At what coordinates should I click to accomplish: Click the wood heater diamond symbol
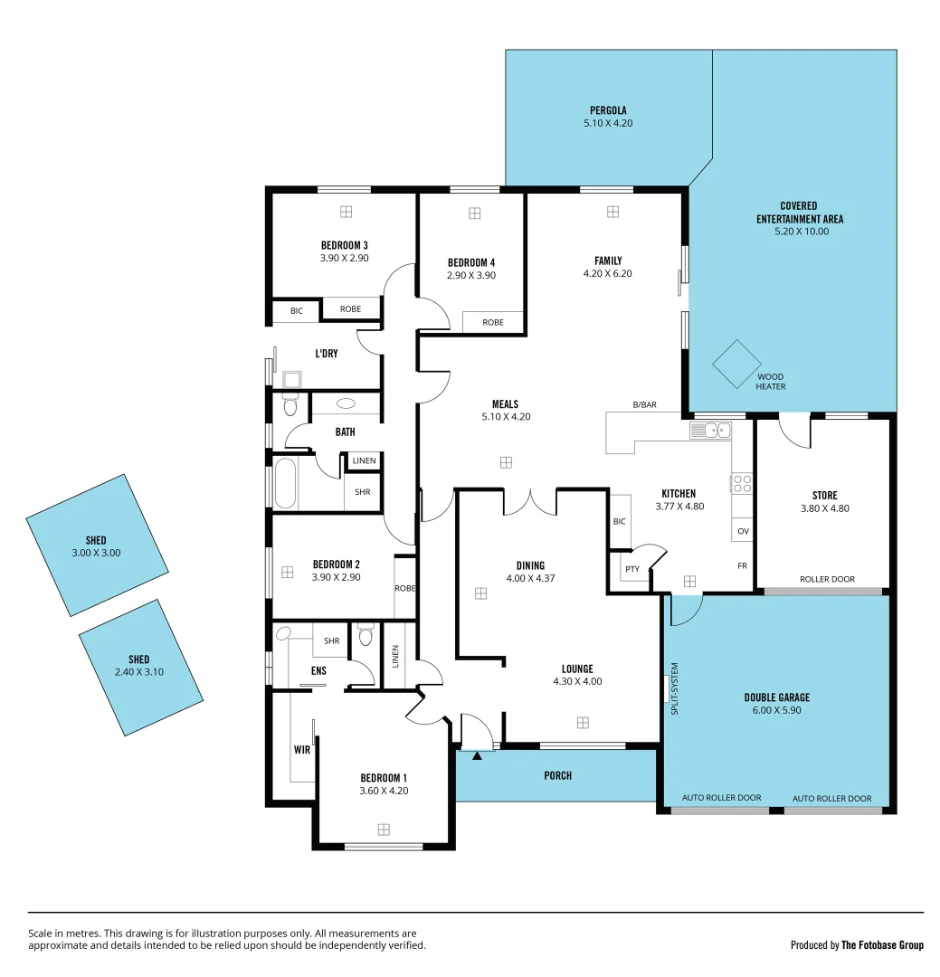tap(737, 364)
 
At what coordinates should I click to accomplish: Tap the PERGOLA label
tap(608, 110)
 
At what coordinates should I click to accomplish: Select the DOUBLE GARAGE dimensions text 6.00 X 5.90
tap(777, 710)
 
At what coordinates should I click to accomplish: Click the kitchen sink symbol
tap(710, 431)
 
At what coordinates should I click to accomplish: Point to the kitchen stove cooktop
tap(742, 483)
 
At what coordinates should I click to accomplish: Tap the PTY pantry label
tap(631, 569)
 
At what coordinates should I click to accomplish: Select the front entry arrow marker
tap(478, 754)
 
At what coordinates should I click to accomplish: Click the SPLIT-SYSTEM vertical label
tap(674, 689)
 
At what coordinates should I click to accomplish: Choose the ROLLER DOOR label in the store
tap(827, 579)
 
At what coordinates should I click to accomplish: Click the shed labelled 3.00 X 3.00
tap(97, 545)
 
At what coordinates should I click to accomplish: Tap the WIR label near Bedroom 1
tap(301, 749)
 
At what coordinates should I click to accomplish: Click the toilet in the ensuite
tap(366, 636)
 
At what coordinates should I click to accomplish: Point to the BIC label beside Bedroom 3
tap(297, 310)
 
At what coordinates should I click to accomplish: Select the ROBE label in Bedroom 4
tap(493, 322)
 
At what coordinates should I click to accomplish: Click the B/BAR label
tap(644, 404)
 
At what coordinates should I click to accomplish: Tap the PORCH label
tap(558, 775)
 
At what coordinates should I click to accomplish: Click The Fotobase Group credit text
tap(882, 945)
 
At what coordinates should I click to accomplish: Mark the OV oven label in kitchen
tap(743, 531)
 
